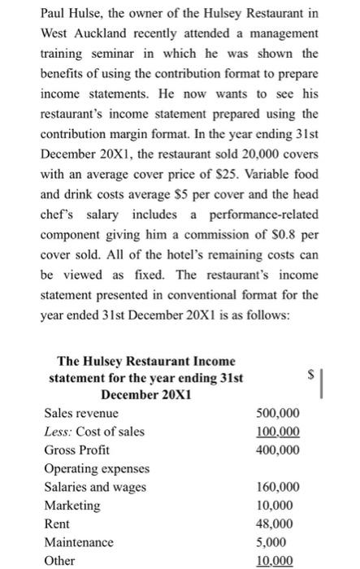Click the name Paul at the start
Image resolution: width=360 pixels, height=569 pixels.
54,15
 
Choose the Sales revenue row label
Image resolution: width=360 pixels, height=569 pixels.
80,413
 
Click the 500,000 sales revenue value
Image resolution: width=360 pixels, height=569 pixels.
277,413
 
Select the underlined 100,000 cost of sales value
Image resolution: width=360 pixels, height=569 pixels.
277,431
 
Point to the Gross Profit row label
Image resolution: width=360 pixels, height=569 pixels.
76,450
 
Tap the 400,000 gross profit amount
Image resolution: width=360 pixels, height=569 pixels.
277,450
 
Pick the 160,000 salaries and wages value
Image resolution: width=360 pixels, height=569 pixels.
277,487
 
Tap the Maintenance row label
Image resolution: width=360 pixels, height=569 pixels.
79,542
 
